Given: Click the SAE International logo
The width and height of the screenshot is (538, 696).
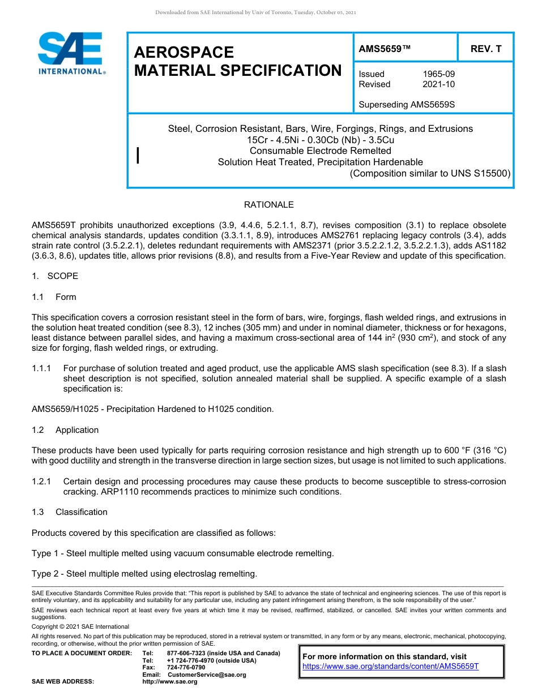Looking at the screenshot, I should click(70, 53).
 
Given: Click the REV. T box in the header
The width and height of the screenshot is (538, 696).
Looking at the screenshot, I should click(485, 49).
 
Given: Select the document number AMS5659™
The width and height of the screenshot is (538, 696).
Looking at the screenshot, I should click(384, 49).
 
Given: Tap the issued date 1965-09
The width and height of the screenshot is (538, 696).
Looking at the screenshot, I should click(438, 74).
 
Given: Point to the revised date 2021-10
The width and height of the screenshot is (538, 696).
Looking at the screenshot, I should click(438, 84).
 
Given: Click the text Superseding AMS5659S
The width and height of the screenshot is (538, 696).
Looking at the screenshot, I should click(407, 105).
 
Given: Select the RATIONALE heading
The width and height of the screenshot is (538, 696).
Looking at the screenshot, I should click(268, 205).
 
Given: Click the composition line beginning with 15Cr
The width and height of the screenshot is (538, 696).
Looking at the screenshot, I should click(320, 140).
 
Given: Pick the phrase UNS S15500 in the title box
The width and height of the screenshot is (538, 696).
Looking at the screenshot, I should click(484, 173).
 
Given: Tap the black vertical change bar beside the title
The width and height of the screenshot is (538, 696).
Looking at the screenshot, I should click(139, 156).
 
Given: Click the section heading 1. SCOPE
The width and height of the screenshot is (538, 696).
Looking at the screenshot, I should click(55, 276).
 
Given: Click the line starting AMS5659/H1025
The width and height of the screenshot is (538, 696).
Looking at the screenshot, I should click(152, 409).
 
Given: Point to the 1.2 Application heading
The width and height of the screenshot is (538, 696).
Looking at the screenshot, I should click(65, 430).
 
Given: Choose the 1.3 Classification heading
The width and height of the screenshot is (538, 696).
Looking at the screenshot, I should click(70, 512).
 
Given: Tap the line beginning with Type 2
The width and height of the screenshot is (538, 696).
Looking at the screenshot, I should click(144, 574).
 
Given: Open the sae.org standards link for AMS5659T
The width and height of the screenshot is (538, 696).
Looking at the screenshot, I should click(390, 666).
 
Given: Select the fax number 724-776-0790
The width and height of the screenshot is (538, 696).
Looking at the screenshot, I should click(186, 667).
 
